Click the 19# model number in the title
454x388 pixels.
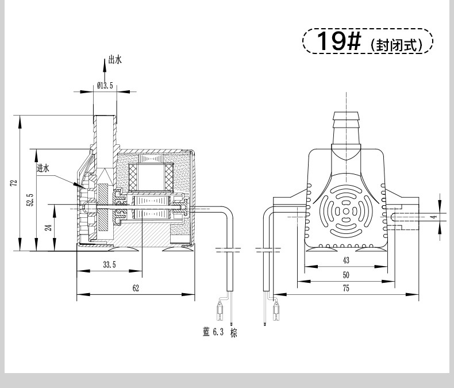tap(339, 41)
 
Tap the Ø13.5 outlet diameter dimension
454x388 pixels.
tap(105, 86)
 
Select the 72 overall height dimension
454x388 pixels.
tap(14, 183)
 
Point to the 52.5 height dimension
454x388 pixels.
tap(30, 200)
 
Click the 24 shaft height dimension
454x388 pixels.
tap(49, 227)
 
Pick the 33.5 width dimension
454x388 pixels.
tap(109, 264)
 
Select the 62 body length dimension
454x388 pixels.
tap(136, 288)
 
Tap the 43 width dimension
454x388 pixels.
tap(346, 260)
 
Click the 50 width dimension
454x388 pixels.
tap(346, 275)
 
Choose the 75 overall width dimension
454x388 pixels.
tap(346, 289)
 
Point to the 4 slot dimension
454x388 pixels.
tap(434, 217)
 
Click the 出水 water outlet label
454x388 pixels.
tap(115, 60)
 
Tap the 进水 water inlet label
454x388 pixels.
tap(43, 168)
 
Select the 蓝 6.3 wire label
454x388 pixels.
tap(213, 332)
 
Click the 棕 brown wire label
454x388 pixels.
tap(234, 333)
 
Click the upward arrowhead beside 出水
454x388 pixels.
tap(105, 65)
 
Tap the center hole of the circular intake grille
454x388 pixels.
tap(346, 212)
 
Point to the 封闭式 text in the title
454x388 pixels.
tap(397, 45)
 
